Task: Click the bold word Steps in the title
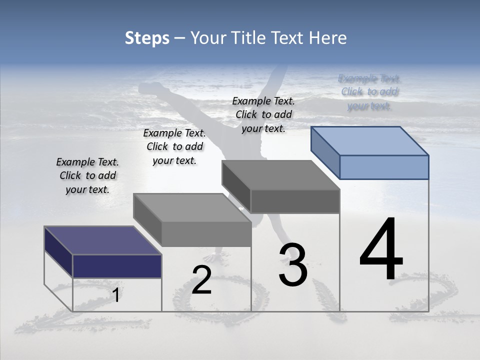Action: (x=146, y=38)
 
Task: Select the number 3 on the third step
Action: (x=292, y=265)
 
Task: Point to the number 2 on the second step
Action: (x=201, y=279)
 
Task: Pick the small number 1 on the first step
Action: (x=116, y=295)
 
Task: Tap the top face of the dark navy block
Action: (x=102, y=240)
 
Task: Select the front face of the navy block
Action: (x=117, y=266)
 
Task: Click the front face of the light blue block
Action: (x=384, y=167)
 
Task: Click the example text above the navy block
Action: (x=87, y=175)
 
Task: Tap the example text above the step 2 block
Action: (x=174, y=146)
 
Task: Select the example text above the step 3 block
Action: (x=263, y=114)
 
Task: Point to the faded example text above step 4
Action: (x=369, y=92)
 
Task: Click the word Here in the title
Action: (x=327, y=38)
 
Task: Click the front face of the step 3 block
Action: (x=295, y=201)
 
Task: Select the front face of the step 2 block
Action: (x=206, y=234)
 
